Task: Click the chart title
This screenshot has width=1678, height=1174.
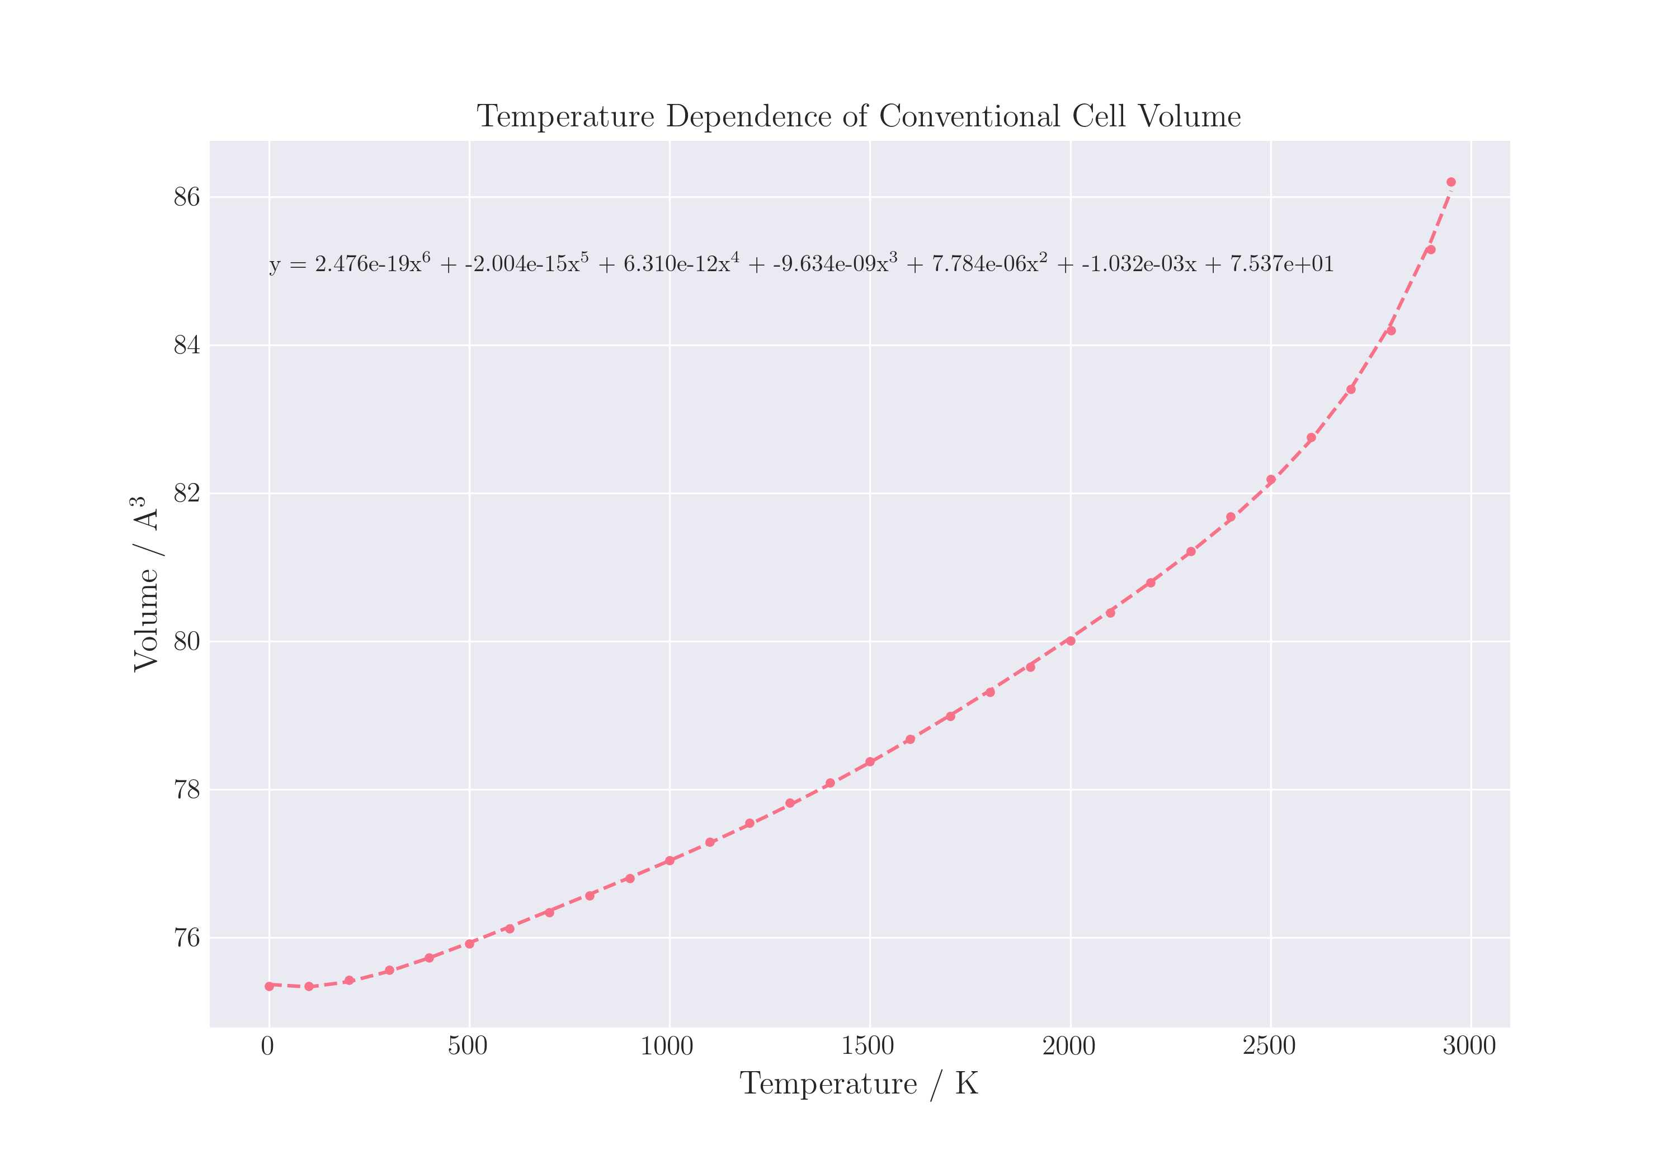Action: pos(859,117)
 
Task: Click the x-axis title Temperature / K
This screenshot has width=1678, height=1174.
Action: pos(859,1083)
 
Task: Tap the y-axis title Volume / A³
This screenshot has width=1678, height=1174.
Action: pos(145,584)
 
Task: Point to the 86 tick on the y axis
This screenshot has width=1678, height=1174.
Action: pos(186,197)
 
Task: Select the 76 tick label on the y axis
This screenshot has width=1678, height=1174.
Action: pos(186,938)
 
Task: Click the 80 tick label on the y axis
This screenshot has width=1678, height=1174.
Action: pos(186,641)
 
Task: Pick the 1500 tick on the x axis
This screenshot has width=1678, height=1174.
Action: pos(868,1046)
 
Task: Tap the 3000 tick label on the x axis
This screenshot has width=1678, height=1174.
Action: pos(1469,1046)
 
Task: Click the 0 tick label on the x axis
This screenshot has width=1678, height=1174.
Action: pos(267,1046)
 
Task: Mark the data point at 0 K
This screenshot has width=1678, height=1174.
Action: pos(269,986)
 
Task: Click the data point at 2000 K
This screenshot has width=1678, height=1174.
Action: pos(1071,641)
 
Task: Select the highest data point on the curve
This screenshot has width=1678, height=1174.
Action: pos(1451,182)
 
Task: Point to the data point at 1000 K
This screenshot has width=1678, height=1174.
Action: pos(670,860)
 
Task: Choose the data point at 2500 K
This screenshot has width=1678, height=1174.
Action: pos(1271,480)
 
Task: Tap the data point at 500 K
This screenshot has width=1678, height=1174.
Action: pos(469,944)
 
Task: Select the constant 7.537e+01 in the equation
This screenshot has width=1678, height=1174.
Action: pos(1283,264)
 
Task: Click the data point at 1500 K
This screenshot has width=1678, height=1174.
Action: pos(870,762)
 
